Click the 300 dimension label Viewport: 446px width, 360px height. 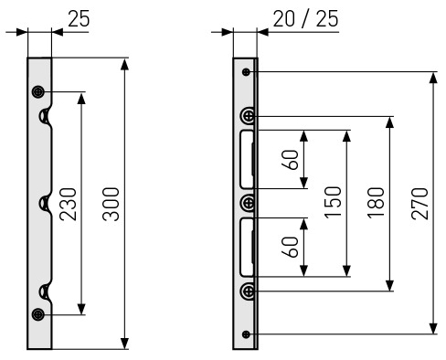[111, 204]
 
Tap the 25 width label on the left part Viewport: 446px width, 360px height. [79, 19]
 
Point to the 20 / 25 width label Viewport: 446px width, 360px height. [305, 19]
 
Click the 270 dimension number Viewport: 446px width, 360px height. [419, 204]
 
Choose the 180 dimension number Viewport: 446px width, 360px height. [377, 203]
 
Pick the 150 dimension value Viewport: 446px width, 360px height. [333, 202]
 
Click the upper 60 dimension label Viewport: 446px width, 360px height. [290, 160]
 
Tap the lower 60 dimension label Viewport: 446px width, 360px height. [290, 247]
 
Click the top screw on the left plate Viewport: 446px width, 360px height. [38, 91]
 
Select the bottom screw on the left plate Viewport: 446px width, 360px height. [38, 314]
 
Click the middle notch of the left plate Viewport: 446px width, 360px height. [45, 204]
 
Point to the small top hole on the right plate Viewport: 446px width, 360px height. [246, 72]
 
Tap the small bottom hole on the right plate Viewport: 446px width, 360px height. [246, 334]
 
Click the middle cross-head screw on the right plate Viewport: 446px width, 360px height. [249, 203]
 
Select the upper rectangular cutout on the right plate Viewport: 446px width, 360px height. [247, 160]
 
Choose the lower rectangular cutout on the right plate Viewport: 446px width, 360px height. [247, 248]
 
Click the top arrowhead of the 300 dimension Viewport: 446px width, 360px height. [124, 65]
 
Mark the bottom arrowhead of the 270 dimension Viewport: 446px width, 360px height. [433, 328]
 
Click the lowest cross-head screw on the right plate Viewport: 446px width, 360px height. [249, 291]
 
